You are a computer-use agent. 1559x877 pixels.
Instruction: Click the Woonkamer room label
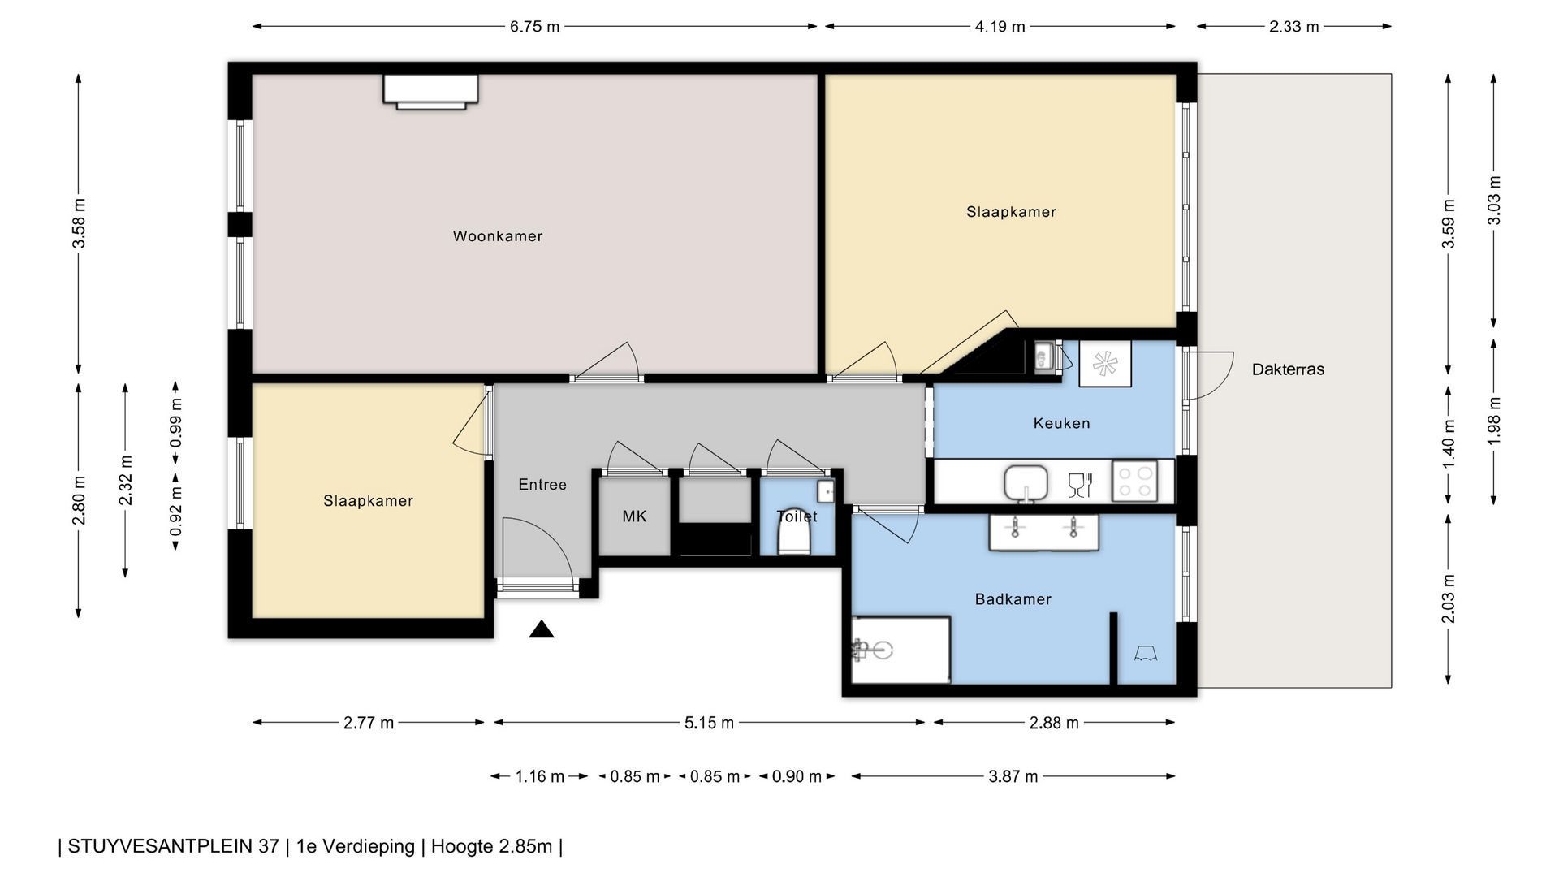pos(498,236)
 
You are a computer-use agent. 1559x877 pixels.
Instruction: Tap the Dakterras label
pos(1288,369)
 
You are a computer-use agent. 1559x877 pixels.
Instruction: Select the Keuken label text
pos(1061,423)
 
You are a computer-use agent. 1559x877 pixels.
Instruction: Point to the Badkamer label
pos(1013,599)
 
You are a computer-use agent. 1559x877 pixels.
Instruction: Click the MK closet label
pos(634,516)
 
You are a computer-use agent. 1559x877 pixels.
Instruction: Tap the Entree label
pos(542,485)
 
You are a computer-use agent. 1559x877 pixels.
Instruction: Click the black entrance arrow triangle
pos(542,629)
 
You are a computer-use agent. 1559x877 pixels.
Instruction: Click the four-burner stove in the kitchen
pos(1134,481)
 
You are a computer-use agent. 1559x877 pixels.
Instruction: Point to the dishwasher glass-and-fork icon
pos(1080,485)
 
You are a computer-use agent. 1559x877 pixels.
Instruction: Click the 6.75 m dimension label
pos(534,27)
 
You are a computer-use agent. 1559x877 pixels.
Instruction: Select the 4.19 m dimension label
pos(1000,27)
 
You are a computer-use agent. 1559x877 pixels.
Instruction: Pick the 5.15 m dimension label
pos(709,723)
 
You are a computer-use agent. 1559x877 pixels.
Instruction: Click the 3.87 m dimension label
pos(1013,776)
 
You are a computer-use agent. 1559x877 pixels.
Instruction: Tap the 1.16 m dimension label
pos(539,776)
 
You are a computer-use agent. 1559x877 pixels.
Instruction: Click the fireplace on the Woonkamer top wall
pos(430,91)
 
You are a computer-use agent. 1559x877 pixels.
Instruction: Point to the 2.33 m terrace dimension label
pos(1294,27)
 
